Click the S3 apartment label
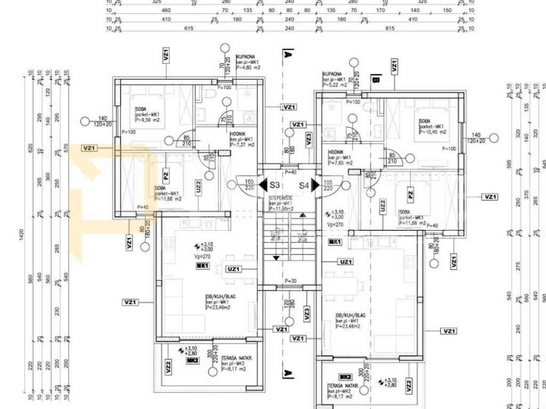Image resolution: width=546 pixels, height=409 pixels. pyautogui.click(x=275, y=185)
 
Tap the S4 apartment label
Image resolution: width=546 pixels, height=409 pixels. pyautogui.click(x=303, y=185)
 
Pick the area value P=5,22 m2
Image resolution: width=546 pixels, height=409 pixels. pyautogui.click(x=335, y=85)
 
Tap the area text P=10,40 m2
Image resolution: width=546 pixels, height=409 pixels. pyautogui.click(x=433, y=132)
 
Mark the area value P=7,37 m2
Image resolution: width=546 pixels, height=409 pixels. pyautogui.click(x=242, y=145)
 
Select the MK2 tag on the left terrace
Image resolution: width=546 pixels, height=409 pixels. pyautogui.click(x=192, y=361)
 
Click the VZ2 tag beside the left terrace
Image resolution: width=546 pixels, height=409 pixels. pyautogui.click(x=168, y=367)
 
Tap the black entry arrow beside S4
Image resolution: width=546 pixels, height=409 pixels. pyautogui.click(x=316, y=185)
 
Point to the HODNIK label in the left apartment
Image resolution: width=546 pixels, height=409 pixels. pyautogui.click(x=238, y=135)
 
